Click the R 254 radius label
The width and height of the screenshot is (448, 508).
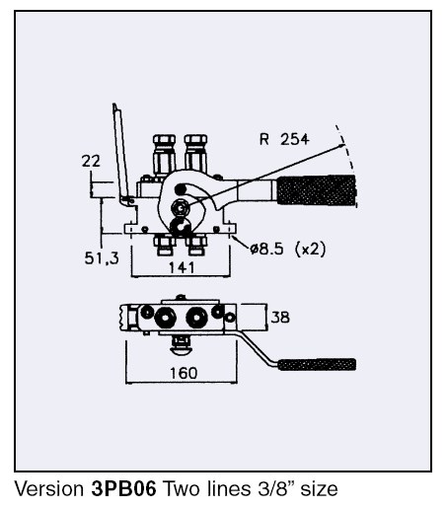point(284,139)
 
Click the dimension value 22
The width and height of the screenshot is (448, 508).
point(91,161)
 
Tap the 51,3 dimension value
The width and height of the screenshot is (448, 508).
point(102,258)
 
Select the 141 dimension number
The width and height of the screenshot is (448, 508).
point(182,267)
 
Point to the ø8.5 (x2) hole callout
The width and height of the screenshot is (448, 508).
point(288,249)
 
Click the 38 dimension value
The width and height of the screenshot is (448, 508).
point(280,318)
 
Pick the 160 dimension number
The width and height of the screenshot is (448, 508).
point(184,373)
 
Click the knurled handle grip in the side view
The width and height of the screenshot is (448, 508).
point(317,190)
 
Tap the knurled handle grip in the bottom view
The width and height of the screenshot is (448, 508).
point(317,364)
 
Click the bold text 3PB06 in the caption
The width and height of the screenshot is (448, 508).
point(123,488)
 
